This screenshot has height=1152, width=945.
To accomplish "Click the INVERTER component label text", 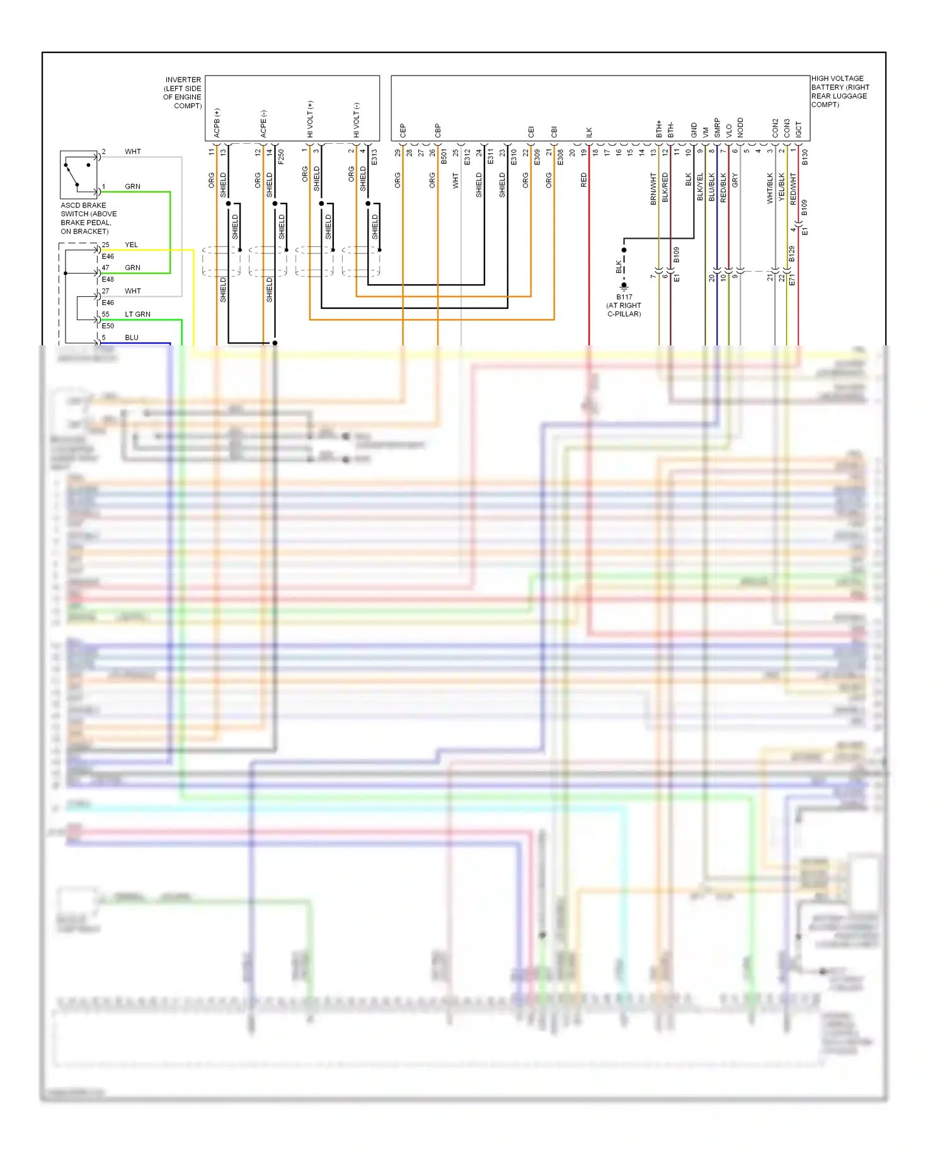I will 183,93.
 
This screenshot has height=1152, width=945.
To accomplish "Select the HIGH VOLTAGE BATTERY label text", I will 840,91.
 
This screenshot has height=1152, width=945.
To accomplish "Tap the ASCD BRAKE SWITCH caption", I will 88,218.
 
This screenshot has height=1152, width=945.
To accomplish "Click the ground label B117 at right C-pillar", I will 624,305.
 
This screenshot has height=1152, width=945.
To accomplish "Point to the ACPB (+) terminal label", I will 217,123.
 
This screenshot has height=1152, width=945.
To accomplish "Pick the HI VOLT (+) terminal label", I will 310,119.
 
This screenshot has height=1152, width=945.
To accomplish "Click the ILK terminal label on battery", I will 589,132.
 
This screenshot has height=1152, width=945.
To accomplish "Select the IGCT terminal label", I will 798,130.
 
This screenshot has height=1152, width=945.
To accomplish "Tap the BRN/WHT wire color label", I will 653,188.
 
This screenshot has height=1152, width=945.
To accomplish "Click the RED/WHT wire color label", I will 793,188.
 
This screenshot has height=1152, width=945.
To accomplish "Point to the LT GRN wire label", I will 137,314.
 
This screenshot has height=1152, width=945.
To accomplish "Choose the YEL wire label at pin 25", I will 131,245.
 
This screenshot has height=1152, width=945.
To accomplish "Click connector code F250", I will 281,156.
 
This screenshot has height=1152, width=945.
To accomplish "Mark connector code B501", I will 444,156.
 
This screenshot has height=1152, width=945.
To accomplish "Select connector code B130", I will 805,157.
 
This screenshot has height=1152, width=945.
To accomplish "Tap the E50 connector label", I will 108,326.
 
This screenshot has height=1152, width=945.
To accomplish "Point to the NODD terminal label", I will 740,127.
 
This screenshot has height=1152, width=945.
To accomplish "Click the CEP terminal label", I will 403,131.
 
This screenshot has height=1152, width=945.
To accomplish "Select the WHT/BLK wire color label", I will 770,188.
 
